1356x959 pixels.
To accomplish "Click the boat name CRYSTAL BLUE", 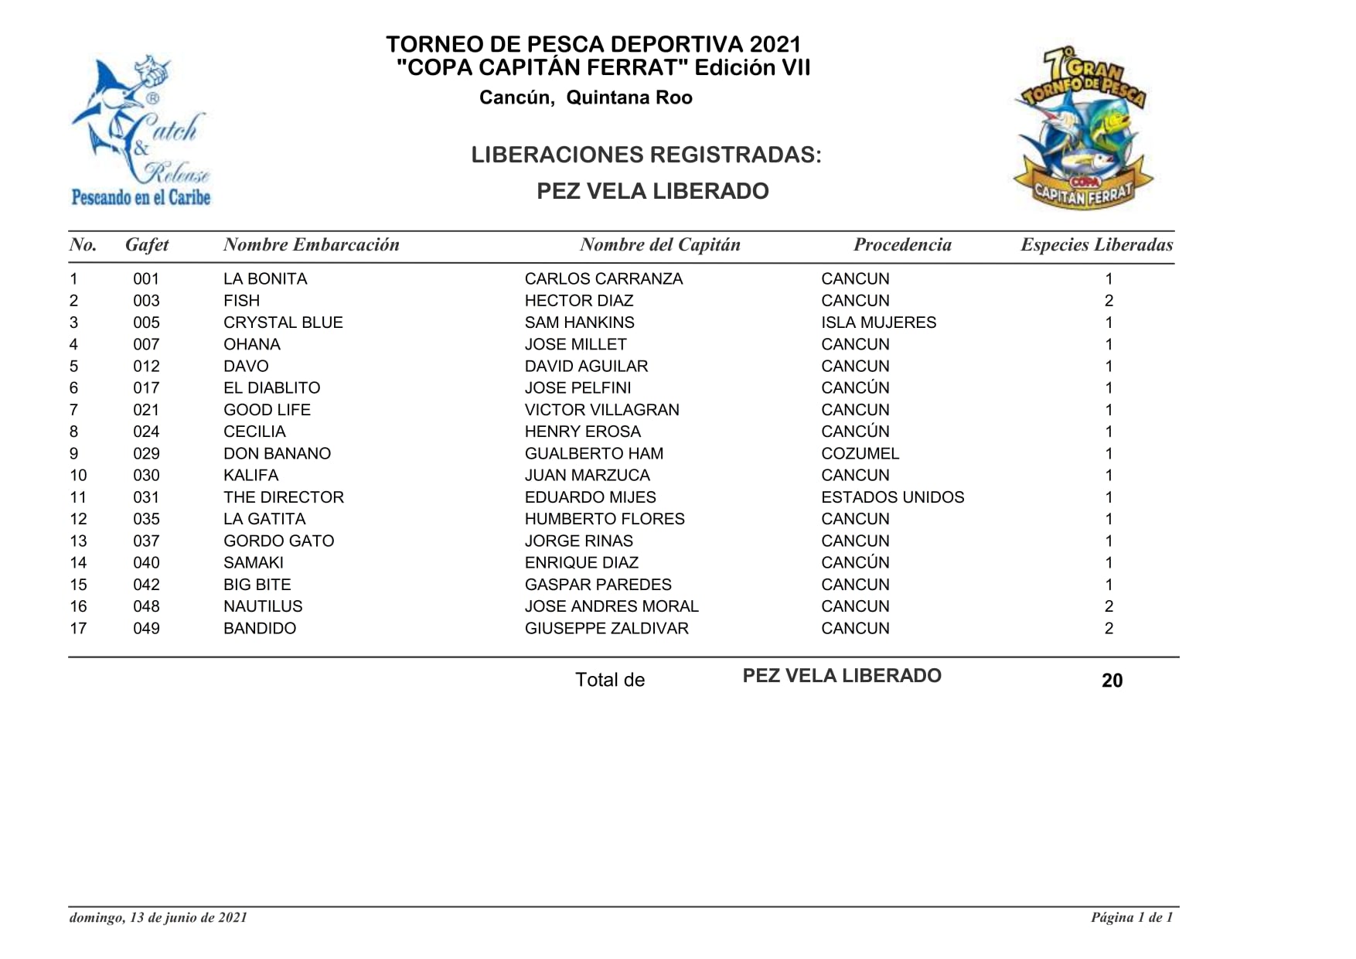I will [283, 323].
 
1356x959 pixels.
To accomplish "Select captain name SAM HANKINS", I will [579, 323].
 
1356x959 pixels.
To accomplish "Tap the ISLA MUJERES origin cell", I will [878, 323].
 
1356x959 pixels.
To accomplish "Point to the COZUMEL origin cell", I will [860, 454].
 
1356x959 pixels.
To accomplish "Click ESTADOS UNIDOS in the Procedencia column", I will [892, 497].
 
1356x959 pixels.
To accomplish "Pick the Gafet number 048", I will [146, 607].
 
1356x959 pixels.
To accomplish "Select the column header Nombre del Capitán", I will [659, 245].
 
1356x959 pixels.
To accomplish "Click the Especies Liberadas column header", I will [1096, 245].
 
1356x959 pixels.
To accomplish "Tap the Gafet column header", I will [147, 245].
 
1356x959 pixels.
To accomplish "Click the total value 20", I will [1112, 681].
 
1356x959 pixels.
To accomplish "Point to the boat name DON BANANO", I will [277, 454].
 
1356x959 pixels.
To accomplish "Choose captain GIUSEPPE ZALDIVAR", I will [606, 629].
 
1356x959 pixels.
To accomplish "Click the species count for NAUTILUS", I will [1109, 607].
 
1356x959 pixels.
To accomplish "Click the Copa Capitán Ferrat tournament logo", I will [1082, 128].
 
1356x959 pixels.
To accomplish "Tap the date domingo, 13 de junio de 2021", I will [158, 918].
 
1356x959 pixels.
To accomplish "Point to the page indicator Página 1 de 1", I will [1132, 918].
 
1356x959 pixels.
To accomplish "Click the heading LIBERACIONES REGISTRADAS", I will [646, 155].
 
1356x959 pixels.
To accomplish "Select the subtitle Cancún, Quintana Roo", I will [585, 98].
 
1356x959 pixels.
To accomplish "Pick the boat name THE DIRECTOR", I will [283, 497].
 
